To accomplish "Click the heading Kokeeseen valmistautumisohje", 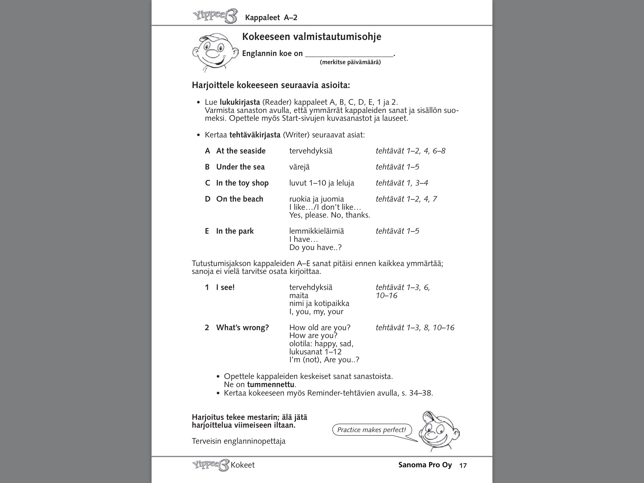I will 311,37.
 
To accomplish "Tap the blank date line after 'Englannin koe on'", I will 349,54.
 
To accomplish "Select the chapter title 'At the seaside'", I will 241,151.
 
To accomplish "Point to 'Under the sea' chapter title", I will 240,167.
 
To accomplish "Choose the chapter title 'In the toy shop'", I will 242,183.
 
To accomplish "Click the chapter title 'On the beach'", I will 240,199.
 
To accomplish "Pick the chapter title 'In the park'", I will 235,231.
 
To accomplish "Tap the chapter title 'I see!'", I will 225,287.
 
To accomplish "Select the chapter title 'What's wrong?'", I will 242,328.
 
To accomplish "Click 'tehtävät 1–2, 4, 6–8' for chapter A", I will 410,151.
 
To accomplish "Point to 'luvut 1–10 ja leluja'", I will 321,183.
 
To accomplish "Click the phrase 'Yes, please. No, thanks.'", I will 329,215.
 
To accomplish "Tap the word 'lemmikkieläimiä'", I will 316,231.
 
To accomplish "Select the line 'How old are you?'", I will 319,328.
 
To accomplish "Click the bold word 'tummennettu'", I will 271,385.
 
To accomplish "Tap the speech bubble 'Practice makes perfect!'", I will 371,430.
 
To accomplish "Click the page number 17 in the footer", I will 463,466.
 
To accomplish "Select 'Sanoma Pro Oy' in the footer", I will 425,465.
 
